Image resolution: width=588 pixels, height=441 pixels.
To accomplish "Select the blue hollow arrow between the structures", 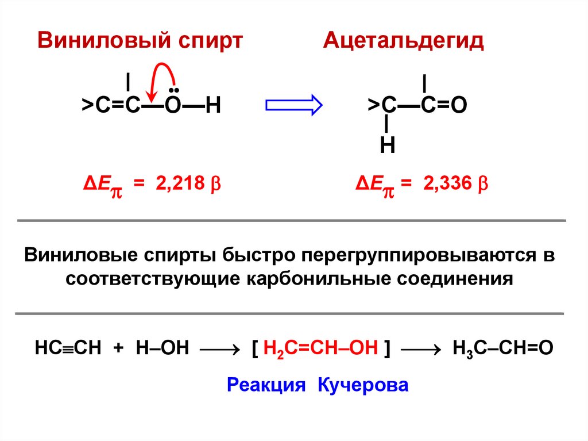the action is [294, 105].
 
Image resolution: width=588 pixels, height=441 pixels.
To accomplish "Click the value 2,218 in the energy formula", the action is [183, 185].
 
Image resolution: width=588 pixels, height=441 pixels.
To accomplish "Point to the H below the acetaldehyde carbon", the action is [387, 145].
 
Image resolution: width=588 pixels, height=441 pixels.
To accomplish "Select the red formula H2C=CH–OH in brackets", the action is [321, 348].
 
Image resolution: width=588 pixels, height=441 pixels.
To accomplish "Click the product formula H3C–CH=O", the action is [502, 348].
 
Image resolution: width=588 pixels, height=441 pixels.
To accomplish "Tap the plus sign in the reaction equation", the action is [118, 348].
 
